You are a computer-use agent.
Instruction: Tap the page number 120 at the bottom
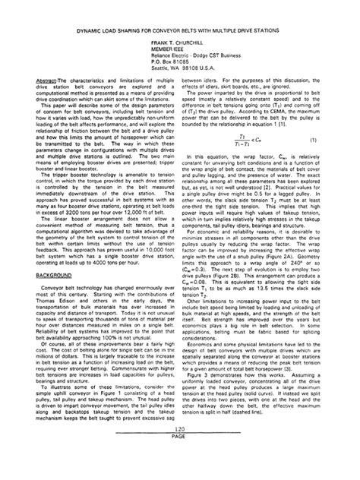pyautogui.click(x=180, y=448)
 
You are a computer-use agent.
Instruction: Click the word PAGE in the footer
pyautogui.click(x=180, y=456)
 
